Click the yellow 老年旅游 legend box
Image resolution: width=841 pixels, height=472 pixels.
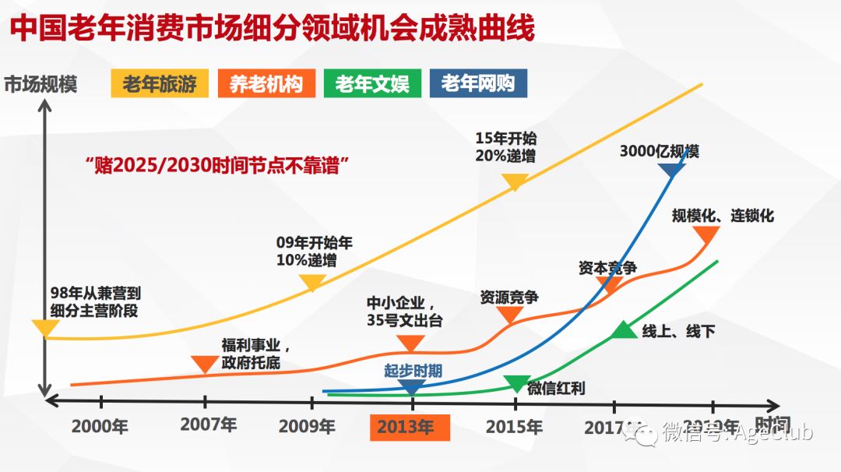pyautogui.click(x=160, y=83)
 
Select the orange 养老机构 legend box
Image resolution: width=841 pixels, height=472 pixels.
pyautogui.click(x=266, y=83)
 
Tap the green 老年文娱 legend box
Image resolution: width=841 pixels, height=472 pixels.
pyautogui.click(x=372, y=83)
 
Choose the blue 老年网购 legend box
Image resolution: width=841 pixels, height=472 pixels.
pyautogui.click(x=478, y=83)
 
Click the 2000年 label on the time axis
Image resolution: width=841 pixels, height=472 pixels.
pyautogui.click(x=100, y=427)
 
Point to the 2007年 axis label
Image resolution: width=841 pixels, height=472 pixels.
pyautogui.click(x=208, y=425)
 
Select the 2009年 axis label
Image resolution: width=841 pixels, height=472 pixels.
pyautogui.click(x=307, y=427)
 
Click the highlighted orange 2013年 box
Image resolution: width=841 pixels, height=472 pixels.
pyautogui.click(x=410, y=427)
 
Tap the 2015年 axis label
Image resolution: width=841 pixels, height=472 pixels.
pyautogui.click(x=514, y=427)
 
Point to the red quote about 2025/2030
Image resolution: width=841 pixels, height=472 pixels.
pyautogui.click(x=216, y=165)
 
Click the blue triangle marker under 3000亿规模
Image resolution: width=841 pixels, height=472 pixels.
pyautogui.click(x=671, y=165)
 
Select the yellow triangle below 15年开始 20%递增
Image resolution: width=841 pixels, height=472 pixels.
pyautogui.click(x=515, y=182)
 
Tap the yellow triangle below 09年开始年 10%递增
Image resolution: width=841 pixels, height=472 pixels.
pyautogui.click(x=312, y=282)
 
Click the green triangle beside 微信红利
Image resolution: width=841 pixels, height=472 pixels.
pyautogui.click(x=516, y=382)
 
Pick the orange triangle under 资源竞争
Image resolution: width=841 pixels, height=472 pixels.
pyautogui.click(x=510, y=315)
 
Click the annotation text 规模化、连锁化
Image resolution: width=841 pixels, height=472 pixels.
pyautogui.click(x=723, y=216)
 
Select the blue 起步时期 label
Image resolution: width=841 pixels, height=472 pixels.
pyautogui.click(x=413, y=371)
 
